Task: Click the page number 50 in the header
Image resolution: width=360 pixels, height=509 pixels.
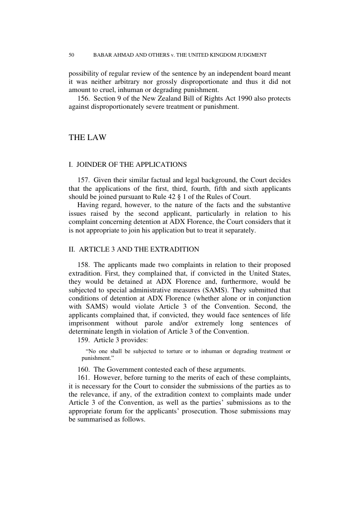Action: [71, 55]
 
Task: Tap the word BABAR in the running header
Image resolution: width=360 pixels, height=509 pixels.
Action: [102, 55]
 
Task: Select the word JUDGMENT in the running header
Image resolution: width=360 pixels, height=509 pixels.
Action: [251, 55]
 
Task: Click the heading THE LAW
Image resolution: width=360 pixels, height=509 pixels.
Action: [88, 137]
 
